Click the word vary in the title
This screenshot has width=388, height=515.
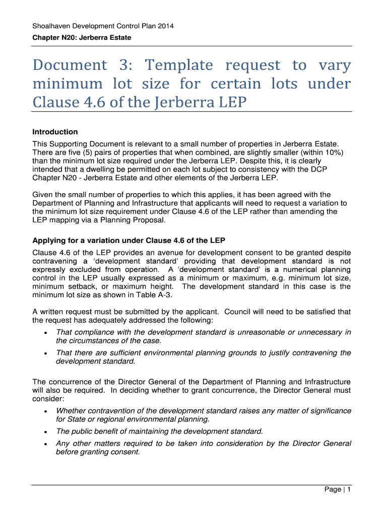[x=335, y=65]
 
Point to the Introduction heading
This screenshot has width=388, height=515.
[x=55, y=132]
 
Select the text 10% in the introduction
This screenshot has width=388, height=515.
[x=335, y=152]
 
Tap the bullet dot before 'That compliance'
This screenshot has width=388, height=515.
[x=46, y=333]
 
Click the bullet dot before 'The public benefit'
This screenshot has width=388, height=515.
[x=46, y=432]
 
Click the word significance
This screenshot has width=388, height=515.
[x=328, y=411]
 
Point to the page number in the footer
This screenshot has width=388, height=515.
[x=348, y=490]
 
